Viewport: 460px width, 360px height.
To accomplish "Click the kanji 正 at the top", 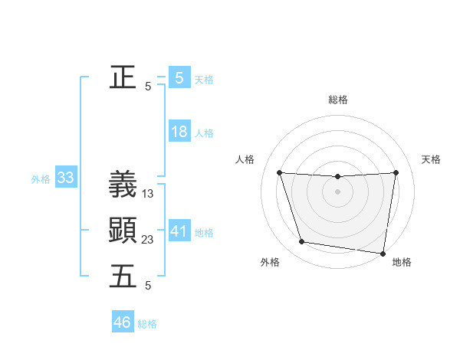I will (x=123, y=77).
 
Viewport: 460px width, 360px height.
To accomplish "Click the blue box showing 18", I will (x=179, y=132).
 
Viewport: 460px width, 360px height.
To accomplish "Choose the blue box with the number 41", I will (x=179, y=231).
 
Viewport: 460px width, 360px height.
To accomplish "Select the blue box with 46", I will (x=123, y=322).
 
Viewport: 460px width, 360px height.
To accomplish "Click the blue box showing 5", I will (x=179, y=77).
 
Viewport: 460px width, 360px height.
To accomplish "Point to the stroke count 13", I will (x=148, y=195).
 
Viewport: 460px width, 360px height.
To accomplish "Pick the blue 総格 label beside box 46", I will (x=147, y=324).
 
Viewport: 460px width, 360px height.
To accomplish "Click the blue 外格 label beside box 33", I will (x=41, y=180).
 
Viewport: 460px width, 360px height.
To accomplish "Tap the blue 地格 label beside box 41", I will (x=204, y=233).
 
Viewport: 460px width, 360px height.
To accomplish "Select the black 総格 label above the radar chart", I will (x=338, y=100).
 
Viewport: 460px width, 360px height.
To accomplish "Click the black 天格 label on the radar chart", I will (x=432, y=159).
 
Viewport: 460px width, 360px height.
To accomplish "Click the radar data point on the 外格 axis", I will (x=302, y=242).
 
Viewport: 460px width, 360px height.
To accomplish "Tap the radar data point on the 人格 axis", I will (x=279, y=173).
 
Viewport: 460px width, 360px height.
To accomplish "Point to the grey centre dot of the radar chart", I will (x=338, y=191).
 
